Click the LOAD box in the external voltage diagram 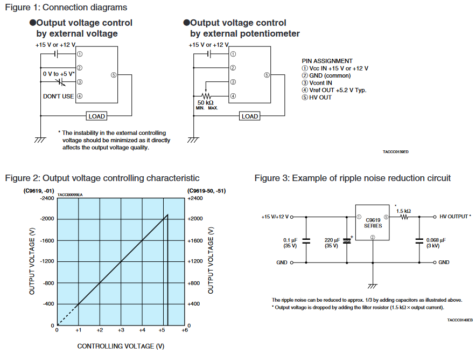click(96, 116)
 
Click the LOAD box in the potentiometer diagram click(250, 116)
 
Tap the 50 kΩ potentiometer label click(206, 102)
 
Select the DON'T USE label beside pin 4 click(58, 96)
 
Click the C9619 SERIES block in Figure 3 click(373, 223)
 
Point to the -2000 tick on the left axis click(47, 219)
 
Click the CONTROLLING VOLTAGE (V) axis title click(121, 346)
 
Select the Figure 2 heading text click(102, 178)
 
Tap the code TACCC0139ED click(396, 152)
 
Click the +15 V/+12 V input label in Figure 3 click(275, 217)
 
